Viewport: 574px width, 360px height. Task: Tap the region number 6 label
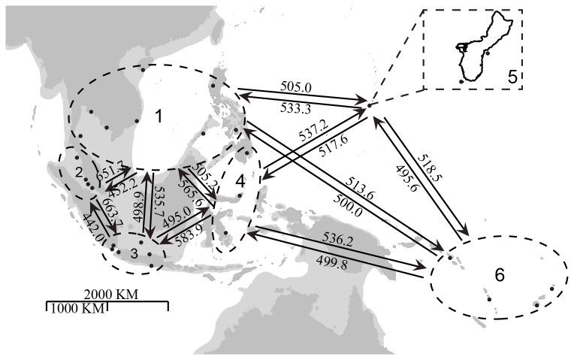[x=500, y=275]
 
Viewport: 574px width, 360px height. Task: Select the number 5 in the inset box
[x=510, y=76]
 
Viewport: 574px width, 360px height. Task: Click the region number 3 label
[x=134, y=253]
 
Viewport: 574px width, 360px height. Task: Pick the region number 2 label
[x=78, y=173]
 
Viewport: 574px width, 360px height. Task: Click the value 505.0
[x=295, y=86]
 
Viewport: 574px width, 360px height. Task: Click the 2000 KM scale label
[x=111, y=293]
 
